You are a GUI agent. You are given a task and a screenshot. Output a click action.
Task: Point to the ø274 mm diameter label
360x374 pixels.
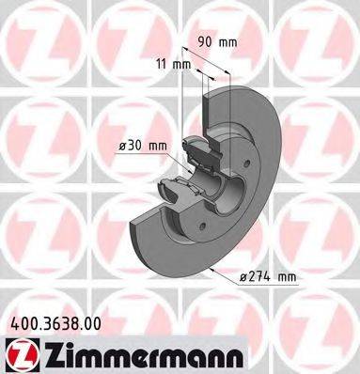269,277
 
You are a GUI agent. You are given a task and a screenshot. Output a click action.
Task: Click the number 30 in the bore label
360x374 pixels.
137,145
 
